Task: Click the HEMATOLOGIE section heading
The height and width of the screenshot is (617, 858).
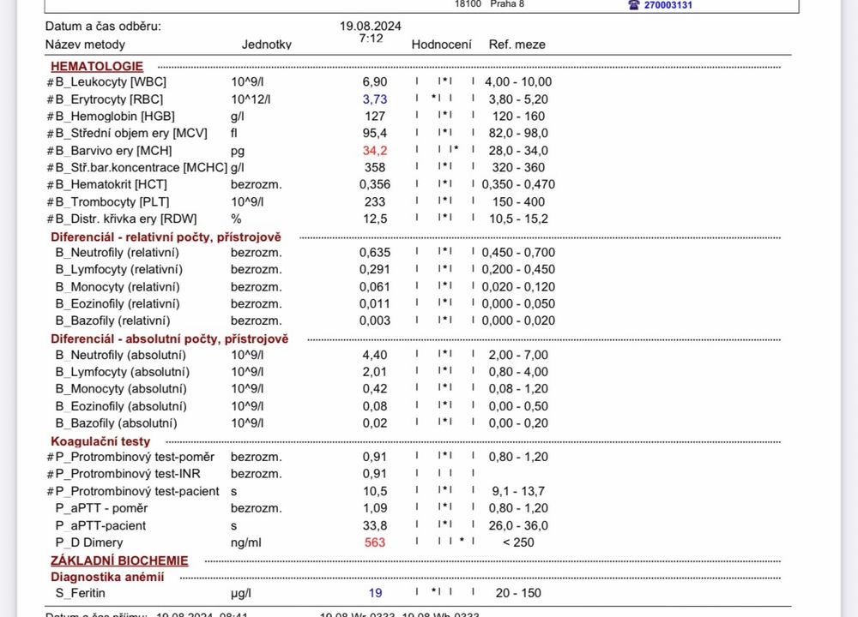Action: pos(97,66)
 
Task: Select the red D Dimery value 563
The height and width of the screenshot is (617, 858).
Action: pos(375,542)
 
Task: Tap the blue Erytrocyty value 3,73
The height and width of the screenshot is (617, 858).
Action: pos(373,99)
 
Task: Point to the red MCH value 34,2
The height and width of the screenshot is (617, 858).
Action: pos(374,151)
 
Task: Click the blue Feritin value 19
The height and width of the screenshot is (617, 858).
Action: pos(375,593)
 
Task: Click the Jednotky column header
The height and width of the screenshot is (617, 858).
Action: pos(266,45)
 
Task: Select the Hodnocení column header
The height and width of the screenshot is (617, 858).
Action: pos(441,45)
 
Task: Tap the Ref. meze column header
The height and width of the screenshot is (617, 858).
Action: pos(517,45)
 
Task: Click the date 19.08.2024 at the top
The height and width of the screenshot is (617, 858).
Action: pos(371,26)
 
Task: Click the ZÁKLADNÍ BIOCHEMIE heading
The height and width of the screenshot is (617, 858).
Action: pos(119,561)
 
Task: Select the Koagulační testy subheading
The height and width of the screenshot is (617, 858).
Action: pos(100,440)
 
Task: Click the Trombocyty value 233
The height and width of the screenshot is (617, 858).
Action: pos(375,202)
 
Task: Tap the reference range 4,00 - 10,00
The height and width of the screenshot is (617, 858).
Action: pos(518,82)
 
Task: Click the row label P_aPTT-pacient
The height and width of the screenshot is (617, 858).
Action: pos(100,525)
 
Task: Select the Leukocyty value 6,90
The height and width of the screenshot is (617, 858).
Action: pos(374,82)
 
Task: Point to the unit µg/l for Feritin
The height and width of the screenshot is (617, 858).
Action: pos(242,593)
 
